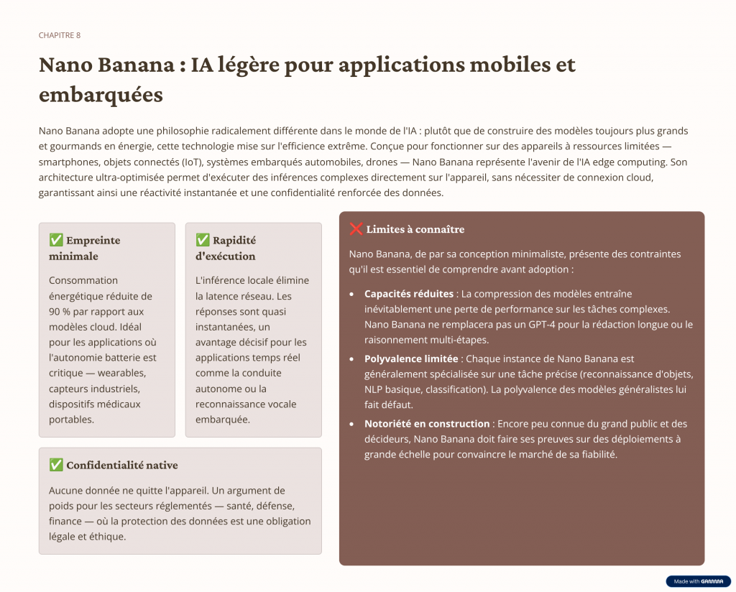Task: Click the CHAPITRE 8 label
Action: pyautogui.click(x=60, y=35)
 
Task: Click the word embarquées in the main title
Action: pyautogui.click(x=101, y=94)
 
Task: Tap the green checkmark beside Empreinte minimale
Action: pyautogui.click(x=56, y=240)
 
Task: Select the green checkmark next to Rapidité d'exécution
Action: pyautogui.click(x=203, y=240)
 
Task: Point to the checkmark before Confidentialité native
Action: pyautogui.click(x=56, y=465)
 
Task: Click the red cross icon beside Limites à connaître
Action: pyautogui.click(x=356, y=229)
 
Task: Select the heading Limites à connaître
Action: pyautogui.click(x=415, y=230)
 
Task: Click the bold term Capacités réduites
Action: pyautogui.click(x=408, y=294)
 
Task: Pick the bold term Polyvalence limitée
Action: pyautogui.click(x=410, y=359)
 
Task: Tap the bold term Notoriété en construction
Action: pyautogui.click(x=427, y=424)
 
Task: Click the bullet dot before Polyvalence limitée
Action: pyautogui.click(x=351, y=359)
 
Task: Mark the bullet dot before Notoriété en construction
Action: pyautogui.click(x=351, y=425)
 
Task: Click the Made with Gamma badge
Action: pyautogui.click(x=698, y=581)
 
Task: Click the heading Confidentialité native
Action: pyautogui.click(x=121, y=466)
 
